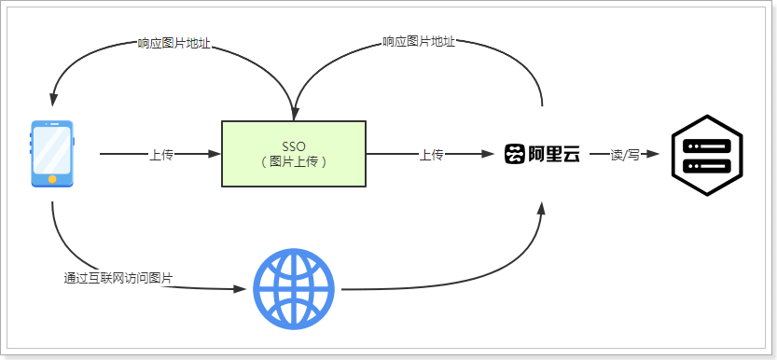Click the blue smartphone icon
(x=52, y=154)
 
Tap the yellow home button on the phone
(x=52, y=179)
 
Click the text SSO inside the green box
(x=293, y=145)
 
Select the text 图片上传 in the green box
(x=293, y=160)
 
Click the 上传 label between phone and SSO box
(x=161, y=155)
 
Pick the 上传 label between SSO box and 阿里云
(x=431, y=155)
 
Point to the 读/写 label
(x=624, y=155)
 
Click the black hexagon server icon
(x=706, y=155)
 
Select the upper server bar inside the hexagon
(x=706, y=145)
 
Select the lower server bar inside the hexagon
(x=706, y=165)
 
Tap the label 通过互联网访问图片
(x=118, y=278)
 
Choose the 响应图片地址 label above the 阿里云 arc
(x=419, y=42)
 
